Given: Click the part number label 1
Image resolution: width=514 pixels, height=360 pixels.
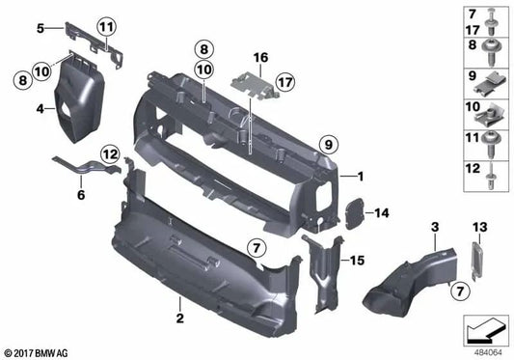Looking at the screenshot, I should [x=360, y=176].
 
